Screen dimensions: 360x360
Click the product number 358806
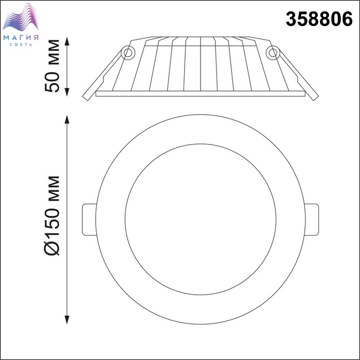click(x=319, y=19)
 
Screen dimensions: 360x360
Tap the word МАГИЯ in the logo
click(x=21, y=38)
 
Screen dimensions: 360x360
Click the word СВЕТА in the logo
click(x=21, y=45)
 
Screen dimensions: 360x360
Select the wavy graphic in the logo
click(x=21, y=17)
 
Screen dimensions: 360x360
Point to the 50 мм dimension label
click(x=52, y=66)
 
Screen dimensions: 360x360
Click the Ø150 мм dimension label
click(x=52, y=216)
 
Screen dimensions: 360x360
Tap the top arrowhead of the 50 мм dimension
click(x=67, y=41)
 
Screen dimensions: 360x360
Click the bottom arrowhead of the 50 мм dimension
click(x=67, y=92)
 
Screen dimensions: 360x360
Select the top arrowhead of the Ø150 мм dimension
click(x=67, y=119)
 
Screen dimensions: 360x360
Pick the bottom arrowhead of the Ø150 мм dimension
click(x=67, y=319)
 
